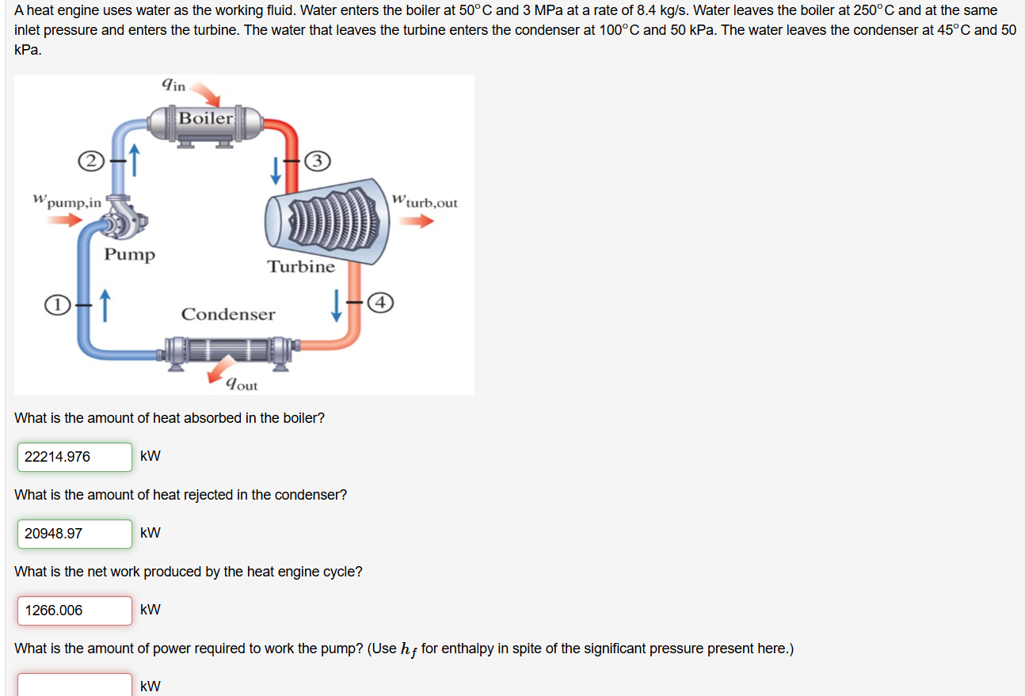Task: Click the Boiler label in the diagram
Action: point(206,119)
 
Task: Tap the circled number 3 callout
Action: point(317,162)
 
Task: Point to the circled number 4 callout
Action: point(383,303)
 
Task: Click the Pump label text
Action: point(130,255)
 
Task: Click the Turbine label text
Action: point(301,267)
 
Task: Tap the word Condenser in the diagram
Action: point(228,314)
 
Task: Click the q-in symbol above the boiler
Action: point(173,83)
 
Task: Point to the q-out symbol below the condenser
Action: point(242,384)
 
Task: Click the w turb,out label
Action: point(425,202)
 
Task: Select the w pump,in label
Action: point(67,202)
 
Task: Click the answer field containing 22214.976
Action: point(74,457)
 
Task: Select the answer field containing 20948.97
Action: point(74,534)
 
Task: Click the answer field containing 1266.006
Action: point(74,610)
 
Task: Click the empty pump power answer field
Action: point(74,685)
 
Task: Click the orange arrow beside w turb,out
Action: point(416,222)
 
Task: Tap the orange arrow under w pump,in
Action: point(63,222)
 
